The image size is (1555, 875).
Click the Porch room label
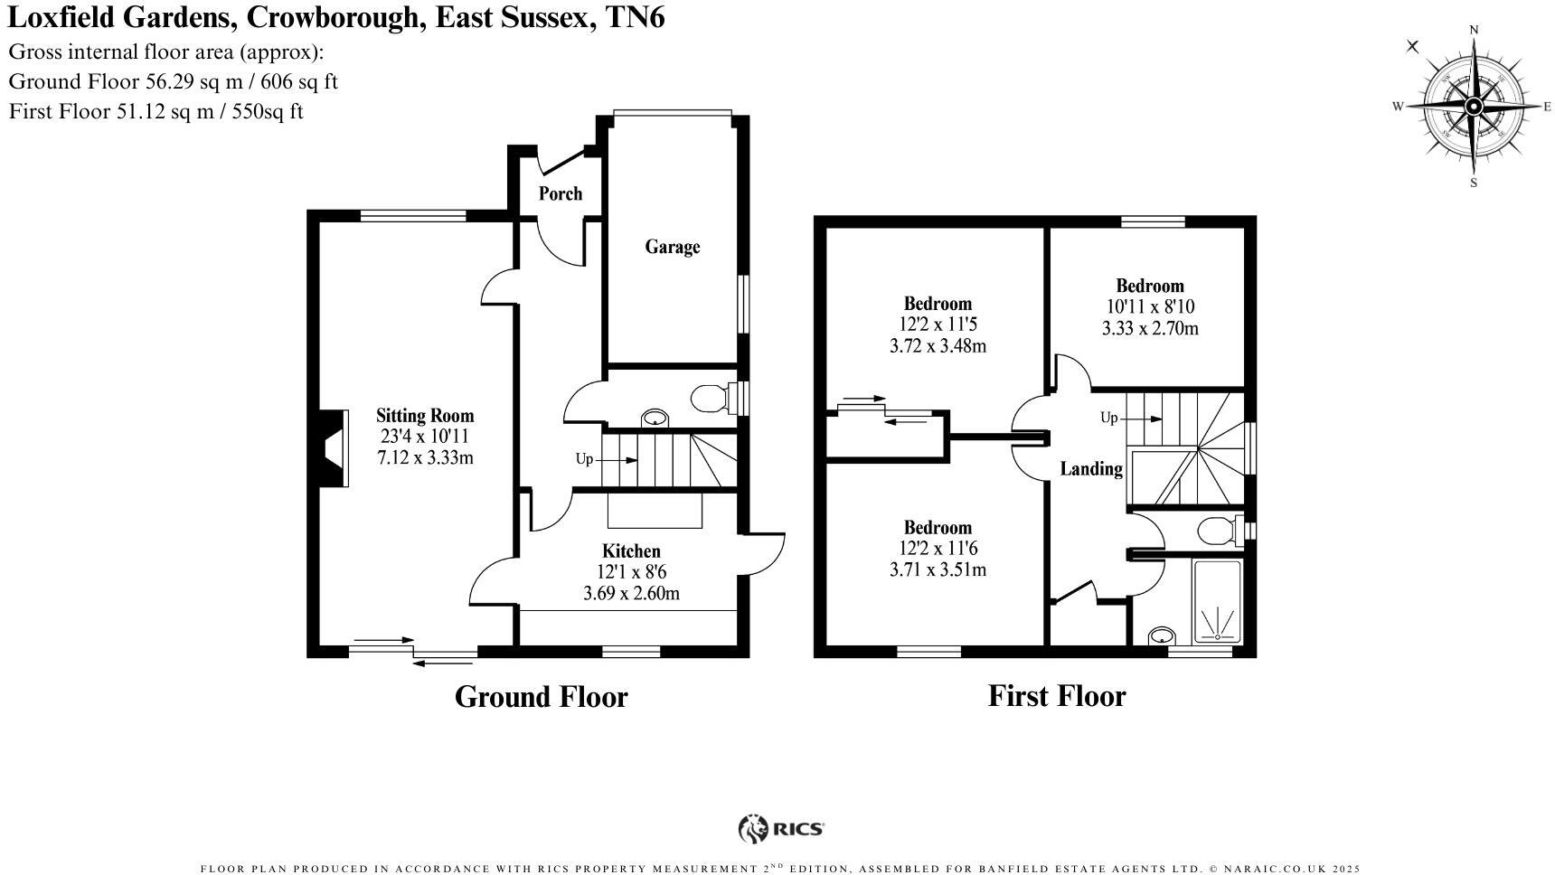560,193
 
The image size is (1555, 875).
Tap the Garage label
672,247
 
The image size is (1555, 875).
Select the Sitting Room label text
425,416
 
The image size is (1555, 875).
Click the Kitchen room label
631,550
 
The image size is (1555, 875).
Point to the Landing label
1091,468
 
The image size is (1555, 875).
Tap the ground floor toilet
711,399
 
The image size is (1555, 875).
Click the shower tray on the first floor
1217,601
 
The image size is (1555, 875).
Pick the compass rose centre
1473,107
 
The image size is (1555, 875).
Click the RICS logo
781,828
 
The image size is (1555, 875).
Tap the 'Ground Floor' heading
541,697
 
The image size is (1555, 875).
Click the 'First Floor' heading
1056,696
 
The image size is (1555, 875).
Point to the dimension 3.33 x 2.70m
1149,328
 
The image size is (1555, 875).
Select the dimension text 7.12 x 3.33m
425,457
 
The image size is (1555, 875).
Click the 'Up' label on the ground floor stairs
584,459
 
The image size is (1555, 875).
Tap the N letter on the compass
1474,30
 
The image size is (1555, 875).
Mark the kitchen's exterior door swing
765,554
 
